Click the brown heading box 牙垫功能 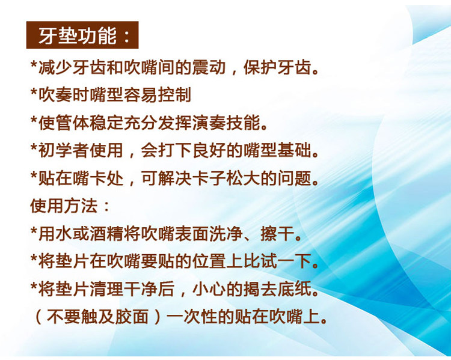(82, 35)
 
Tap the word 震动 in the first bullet (209, 67)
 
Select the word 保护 (260, 67)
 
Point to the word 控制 (175, 95)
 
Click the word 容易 (141, 95)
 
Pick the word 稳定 (106, 123)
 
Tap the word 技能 (243, 123)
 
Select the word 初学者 (64, 150)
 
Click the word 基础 (294, 150)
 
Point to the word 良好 (209, 150)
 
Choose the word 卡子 (209, 178)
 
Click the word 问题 (294, 178)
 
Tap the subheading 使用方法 (64, 206)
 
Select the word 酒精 (106, 234)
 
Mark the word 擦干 (277, 234)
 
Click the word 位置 (209, 261)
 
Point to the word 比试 (260, 261)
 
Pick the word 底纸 (294, 289)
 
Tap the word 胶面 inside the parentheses (132, 317)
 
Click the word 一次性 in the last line (192, 317)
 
